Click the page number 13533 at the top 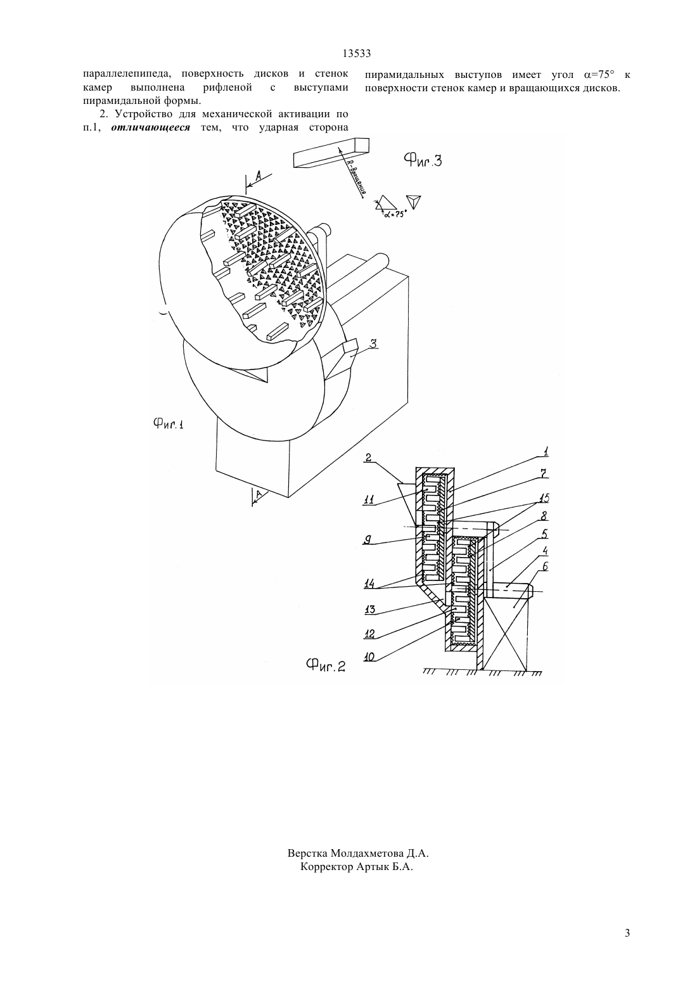pos(356,54)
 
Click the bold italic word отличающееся pos(151,128)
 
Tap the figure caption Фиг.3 pos(423,160)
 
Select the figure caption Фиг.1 pos(169,424)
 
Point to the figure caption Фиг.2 pos(326,665)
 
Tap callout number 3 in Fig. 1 pos(373,344)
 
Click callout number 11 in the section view pos(369,500)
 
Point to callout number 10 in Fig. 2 pos(369,658)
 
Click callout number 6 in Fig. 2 pos(545,566)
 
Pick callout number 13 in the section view pos(369,610)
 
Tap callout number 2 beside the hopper pos(368,458)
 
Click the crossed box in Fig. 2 pos(506,634)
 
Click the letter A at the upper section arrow pos(259,176)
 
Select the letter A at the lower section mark pos(259,495)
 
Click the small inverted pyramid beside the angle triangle pos(414,201)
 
